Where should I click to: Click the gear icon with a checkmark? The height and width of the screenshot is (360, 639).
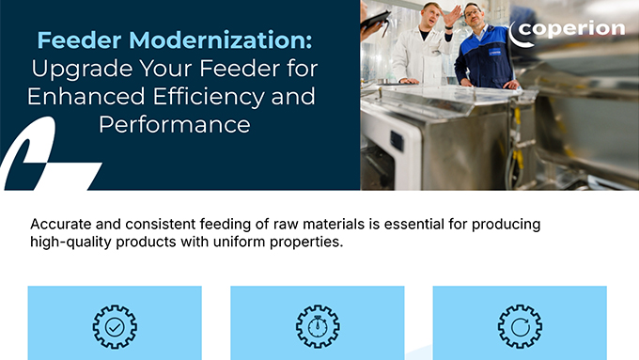point(114,325)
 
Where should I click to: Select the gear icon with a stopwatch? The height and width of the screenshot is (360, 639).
point(317,325)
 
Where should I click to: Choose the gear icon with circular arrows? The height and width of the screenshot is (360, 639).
point(519,325)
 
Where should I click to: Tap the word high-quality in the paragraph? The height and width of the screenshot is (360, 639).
point(72,243)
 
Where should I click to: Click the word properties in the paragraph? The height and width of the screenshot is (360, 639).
point(303,243)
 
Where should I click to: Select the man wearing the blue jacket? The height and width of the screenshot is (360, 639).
point(485,56)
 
